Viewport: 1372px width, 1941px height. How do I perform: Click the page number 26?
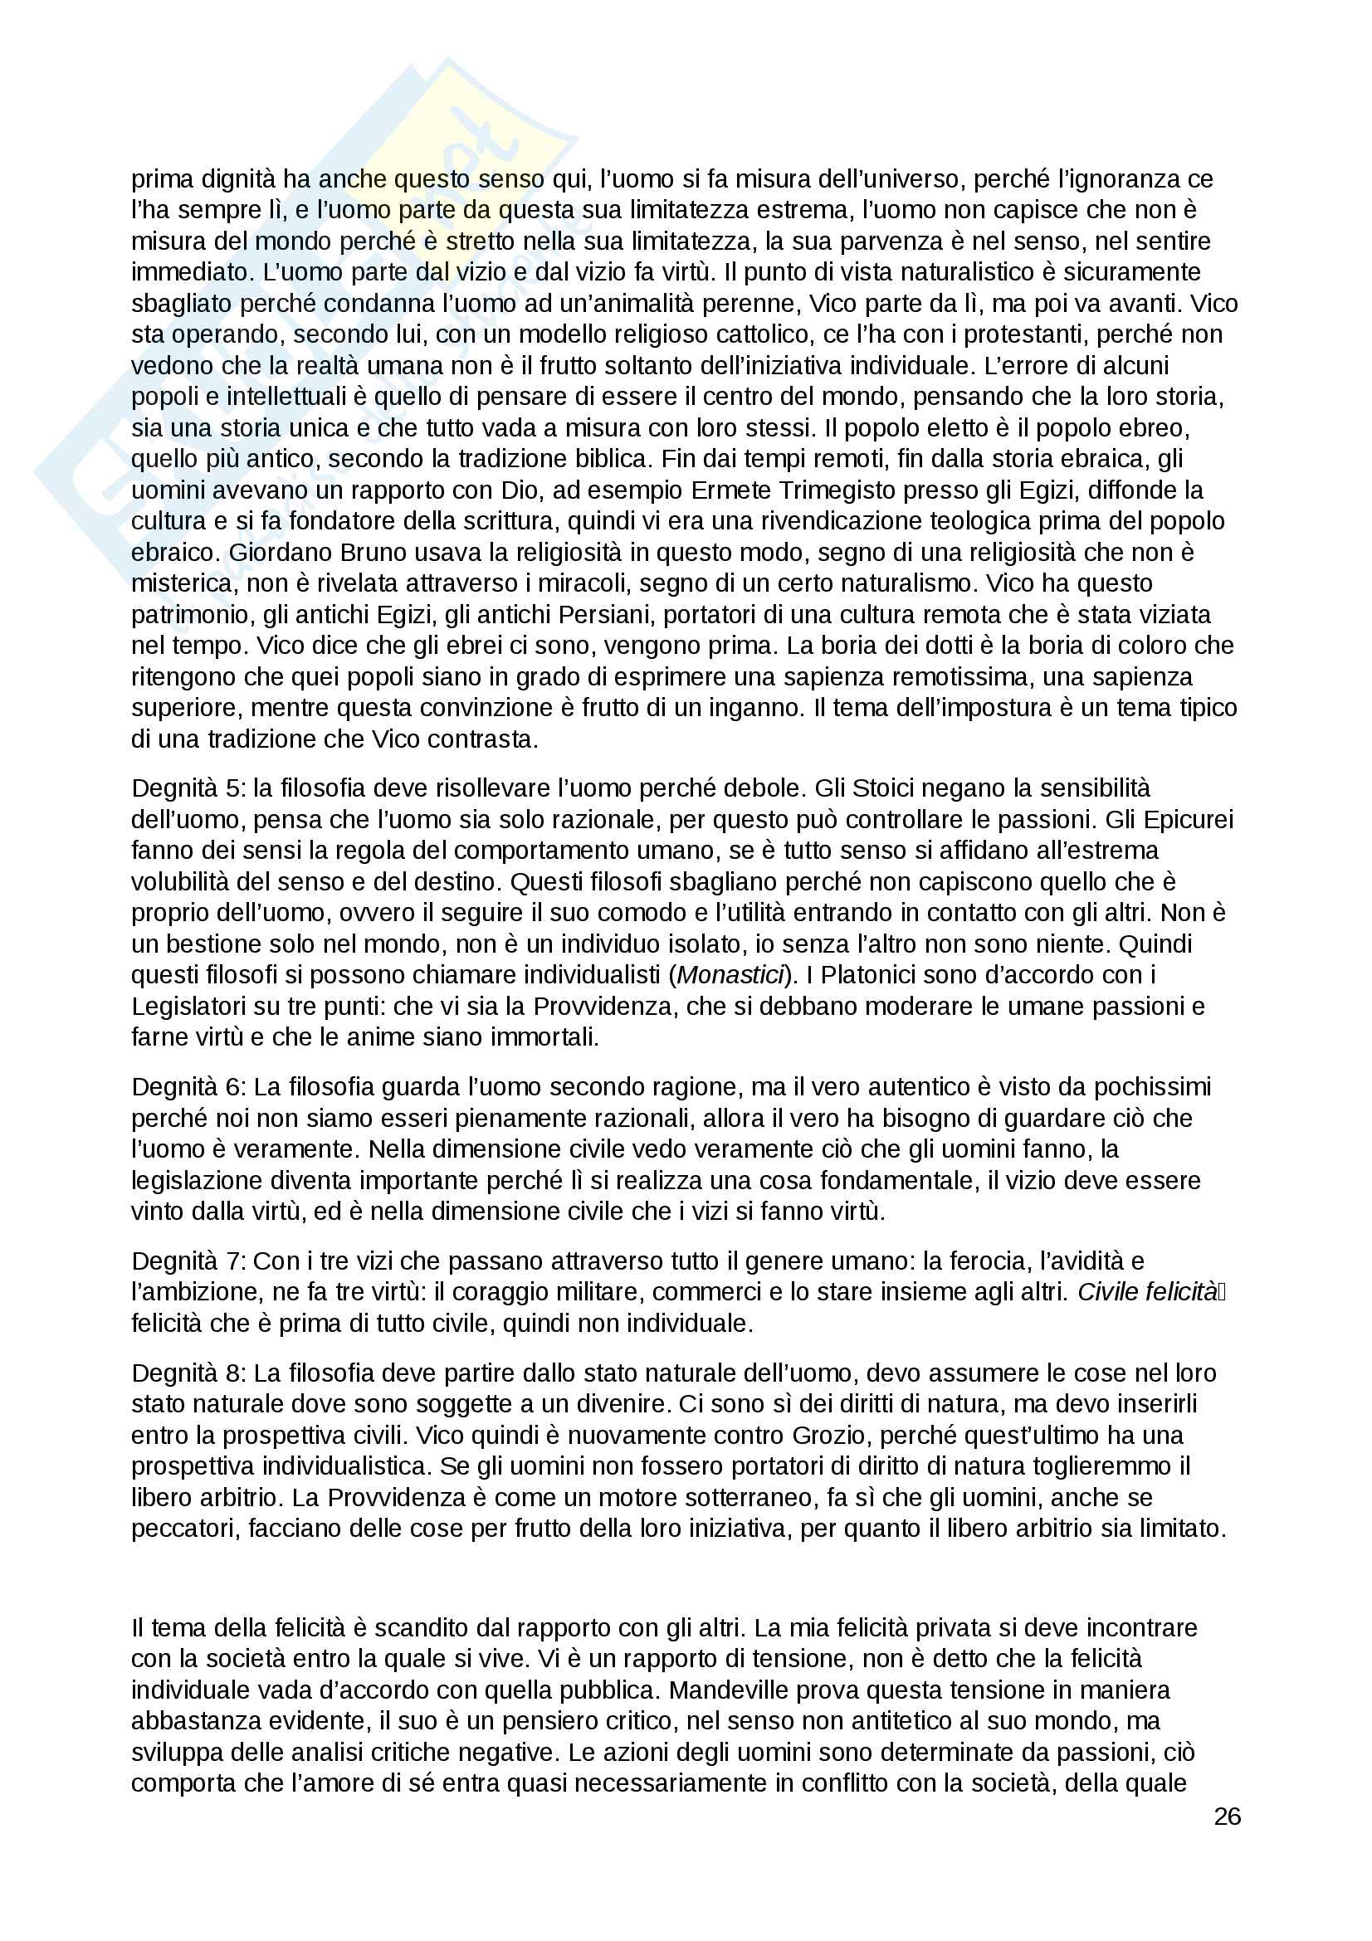1227,1816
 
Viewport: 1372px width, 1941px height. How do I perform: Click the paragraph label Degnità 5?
187,788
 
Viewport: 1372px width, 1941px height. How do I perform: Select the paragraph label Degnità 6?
187,1086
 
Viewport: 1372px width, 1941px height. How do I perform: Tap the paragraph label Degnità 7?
187,1261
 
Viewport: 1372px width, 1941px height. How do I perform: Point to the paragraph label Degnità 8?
187,1373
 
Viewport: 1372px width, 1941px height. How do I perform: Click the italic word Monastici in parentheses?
730,975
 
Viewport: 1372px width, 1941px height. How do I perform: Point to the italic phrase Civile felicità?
1146,1292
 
